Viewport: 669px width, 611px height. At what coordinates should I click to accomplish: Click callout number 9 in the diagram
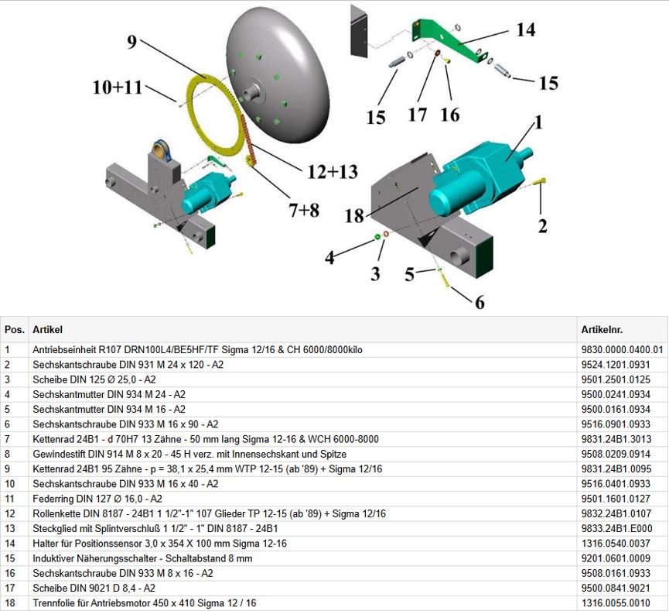coord(132,43)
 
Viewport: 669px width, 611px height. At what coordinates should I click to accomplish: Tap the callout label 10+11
coord(118,87)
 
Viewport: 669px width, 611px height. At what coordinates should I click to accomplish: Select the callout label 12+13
coord(332,172)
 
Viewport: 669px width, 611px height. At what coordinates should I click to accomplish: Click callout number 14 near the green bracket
coord(525,29)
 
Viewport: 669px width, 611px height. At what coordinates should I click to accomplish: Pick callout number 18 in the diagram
coord(354,216)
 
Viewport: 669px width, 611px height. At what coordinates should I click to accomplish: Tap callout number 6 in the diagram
coord(480,302)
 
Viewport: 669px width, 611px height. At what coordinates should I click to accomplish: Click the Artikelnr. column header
coord(601,330)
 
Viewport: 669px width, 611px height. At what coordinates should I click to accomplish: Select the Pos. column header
coord(15,330)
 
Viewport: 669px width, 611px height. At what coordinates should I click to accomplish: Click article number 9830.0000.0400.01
coord(622,350)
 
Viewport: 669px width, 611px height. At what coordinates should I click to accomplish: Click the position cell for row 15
coord(15,558)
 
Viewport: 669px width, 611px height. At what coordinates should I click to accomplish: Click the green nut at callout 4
coord(377,235)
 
